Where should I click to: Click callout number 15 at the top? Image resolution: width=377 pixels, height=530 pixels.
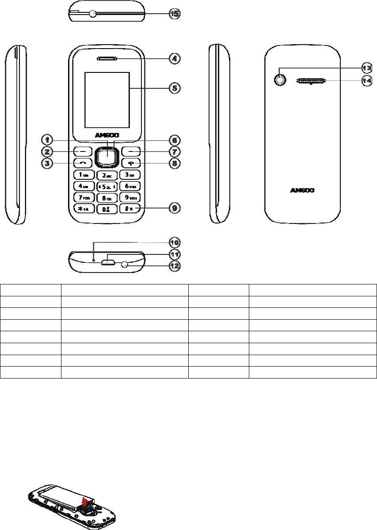click(175, 14)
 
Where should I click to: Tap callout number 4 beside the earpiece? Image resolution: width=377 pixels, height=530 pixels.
click(175, 58)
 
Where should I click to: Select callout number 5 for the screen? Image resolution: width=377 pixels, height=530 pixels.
click(175, 88)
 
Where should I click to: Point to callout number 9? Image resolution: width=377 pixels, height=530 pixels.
click(175, 208)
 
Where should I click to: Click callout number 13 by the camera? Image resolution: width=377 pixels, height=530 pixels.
click(366, 68)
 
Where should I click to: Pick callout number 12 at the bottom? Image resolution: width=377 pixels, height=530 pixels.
click(175, 266)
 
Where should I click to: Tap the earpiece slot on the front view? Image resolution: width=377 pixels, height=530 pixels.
click(107, 58)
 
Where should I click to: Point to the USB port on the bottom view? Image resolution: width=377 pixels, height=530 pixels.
click(108, 262)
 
